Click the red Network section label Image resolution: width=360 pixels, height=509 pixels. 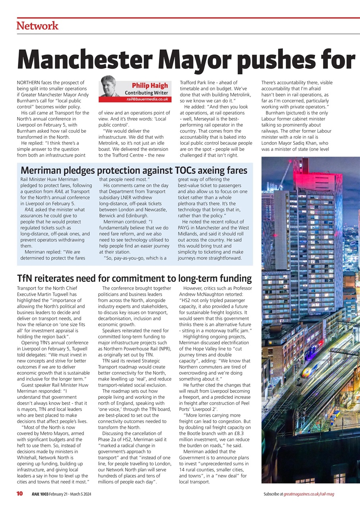click(37, 26)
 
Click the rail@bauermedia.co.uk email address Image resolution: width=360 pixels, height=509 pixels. click(147, 99)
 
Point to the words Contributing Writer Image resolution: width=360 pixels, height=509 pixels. click(147, 93)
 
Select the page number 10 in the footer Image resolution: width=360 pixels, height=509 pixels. click(19, 494)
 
